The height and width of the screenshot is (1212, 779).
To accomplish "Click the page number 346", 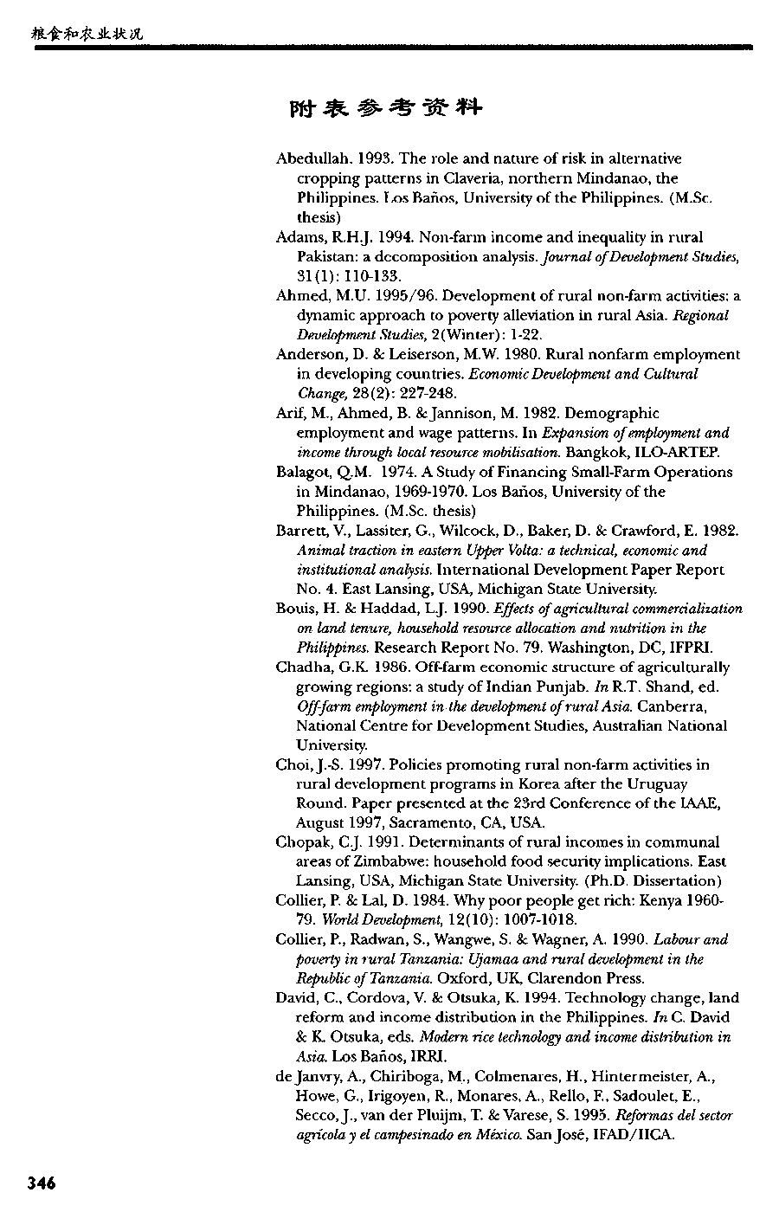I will [42, 1183].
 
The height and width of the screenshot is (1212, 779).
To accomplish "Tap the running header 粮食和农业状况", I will [86, 34].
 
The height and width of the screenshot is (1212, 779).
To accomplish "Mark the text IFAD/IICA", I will [634, 1134].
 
